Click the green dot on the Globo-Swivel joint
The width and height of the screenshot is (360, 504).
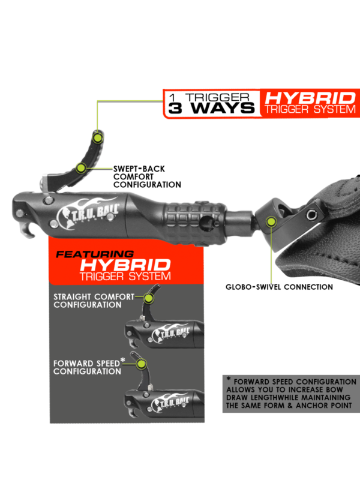(x=272, y=221)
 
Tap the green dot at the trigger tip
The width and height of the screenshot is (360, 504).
(x=97, y=138)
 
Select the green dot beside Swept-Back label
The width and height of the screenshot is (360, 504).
(x=81, y=168)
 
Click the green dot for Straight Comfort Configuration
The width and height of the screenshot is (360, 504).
(x=148, y=298)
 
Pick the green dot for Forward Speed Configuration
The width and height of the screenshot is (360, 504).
(x=141, y=364)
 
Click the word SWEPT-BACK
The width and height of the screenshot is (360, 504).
(x=139, y=169)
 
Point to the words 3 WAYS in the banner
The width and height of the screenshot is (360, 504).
(x=211, y=108)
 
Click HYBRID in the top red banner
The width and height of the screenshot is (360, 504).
(x=310, y=98)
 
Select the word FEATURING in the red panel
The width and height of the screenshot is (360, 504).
(x=95, y=254)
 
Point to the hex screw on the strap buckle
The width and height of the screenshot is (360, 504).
(x=311, y=214)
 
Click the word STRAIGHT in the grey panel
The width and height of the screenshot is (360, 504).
(x=73, y=296)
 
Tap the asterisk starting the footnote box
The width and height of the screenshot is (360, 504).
(x=229, y=379)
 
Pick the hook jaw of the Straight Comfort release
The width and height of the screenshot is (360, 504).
(x=133, y=343)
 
